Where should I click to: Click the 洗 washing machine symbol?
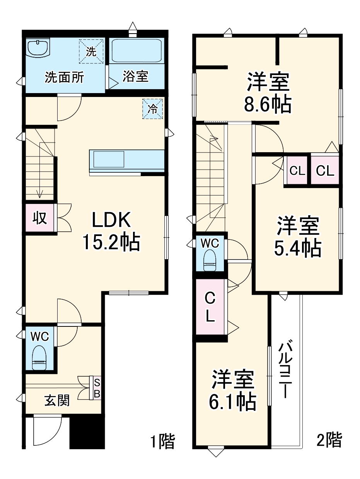92,51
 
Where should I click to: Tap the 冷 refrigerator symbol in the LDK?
153,109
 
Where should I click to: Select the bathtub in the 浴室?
136,51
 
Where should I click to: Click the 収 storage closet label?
39,218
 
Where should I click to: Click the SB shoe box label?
97,388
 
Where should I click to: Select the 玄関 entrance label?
57,401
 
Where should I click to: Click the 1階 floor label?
162,441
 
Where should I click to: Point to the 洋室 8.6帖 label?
267,92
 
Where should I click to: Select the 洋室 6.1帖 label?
232,390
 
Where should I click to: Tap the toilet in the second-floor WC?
209,261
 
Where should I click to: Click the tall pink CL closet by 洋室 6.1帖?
210,307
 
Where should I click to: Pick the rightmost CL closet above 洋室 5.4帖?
325,170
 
